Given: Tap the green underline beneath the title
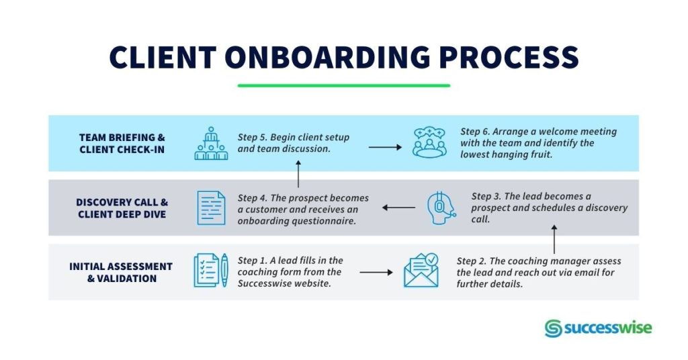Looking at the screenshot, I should (343, 85).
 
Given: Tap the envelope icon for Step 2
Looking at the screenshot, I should (421, 270).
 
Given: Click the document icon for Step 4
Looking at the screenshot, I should (211, 207).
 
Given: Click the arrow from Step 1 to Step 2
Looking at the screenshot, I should (376, 273).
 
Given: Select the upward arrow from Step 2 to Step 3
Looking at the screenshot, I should (554, 238).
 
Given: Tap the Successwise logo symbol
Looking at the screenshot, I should (554, 328).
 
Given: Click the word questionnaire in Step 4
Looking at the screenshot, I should (316, 221).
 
